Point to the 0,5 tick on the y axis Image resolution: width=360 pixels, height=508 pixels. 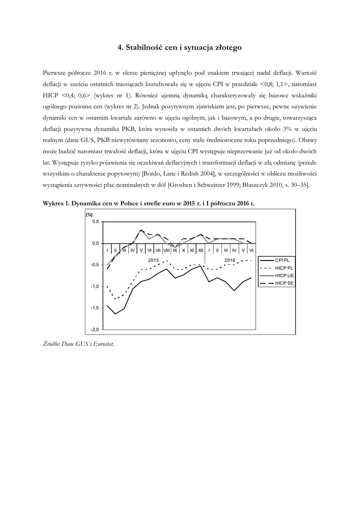(95, 222)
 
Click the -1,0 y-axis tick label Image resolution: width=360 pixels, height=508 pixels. (94, 287)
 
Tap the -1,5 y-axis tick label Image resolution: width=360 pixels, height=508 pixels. (94, 308)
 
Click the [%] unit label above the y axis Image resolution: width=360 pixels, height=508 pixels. (89, 214)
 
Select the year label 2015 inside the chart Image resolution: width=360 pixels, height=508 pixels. (154, 259)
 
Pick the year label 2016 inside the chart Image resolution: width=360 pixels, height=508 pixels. (230, 259)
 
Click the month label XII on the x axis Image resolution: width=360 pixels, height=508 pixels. (201, 250)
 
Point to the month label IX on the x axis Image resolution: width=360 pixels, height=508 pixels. (175, 250)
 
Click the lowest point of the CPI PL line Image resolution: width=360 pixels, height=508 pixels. (115, 314)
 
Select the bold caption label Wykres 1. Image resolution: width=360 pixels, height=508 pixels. (56, 204)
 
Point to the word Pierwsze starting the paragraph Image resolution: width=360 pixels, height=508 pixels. (56, 73)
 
